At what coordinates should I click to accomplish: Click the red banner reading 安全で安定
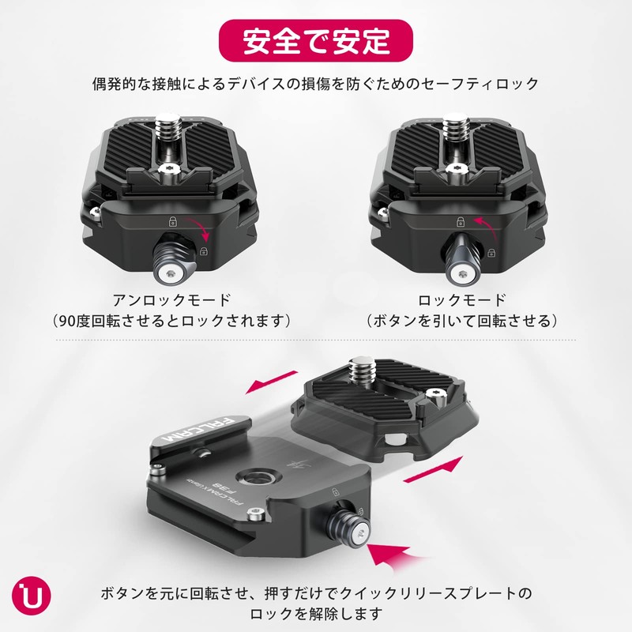pos(316,38)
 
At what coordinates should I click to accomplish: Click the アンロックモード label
pos(171,300)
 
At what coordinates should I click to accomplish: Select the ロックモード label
pos(462,300)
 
